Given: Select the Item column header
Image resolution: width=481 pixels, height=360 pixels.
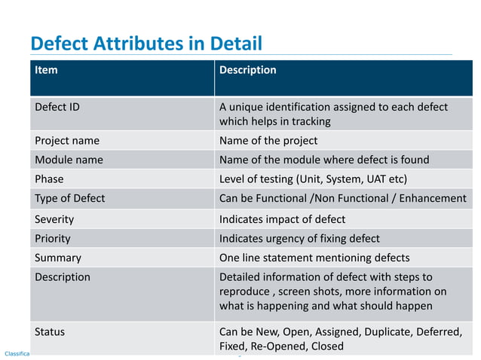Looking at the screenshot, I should (x=46, y=70).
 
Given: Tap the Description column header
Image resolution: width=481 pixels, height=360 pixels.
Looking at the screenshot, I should (x=247, y=70).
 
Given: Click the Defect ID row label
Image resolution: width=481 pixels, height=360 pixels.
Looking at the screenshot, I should (x=57, y=107).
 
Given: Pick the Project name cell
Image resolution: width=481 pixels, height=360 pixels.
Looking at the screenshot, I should (x=67, y=141).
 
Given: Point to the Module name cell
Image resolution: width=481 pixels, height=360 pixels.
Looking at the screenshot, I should (x=69, y=160).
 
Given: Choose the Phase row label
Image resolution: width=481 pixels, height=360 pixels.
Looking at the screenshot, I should (x=49, y=179).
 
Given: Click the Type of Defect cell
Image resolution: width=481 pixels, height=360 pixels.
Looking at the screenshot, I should (x=70, y=199).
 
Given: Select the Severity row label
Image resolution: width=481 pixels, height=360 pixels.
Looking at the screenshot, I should (x=54, y=219).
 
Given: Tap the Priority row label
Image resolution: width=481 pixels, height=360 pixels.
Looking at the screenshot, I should (x=53, y=239).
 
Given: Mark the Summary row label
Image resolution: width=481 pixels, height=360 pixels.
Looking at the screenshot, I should (x=58, y=258).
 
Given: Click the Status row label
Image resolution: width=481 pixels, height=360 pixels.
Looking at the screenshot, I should (x=51, y=331).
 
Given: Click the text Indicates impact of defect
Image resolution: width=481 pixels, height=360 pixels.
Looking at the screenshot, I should (x=282, y=219).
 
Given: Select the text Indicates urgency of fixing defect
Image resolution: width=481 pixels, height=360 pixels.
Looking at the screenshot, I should (x=299, y=239).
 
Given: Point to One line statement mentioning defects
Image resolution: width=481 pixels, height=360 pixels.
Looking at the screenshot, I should (x=314, y=258).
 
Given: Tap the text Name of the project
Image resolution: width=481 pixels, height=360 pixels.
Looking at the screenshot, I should (x=268, y=141).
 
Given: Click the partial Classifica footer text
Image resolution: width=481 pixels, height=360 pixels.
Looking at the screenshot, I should (x=17, y=353).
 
